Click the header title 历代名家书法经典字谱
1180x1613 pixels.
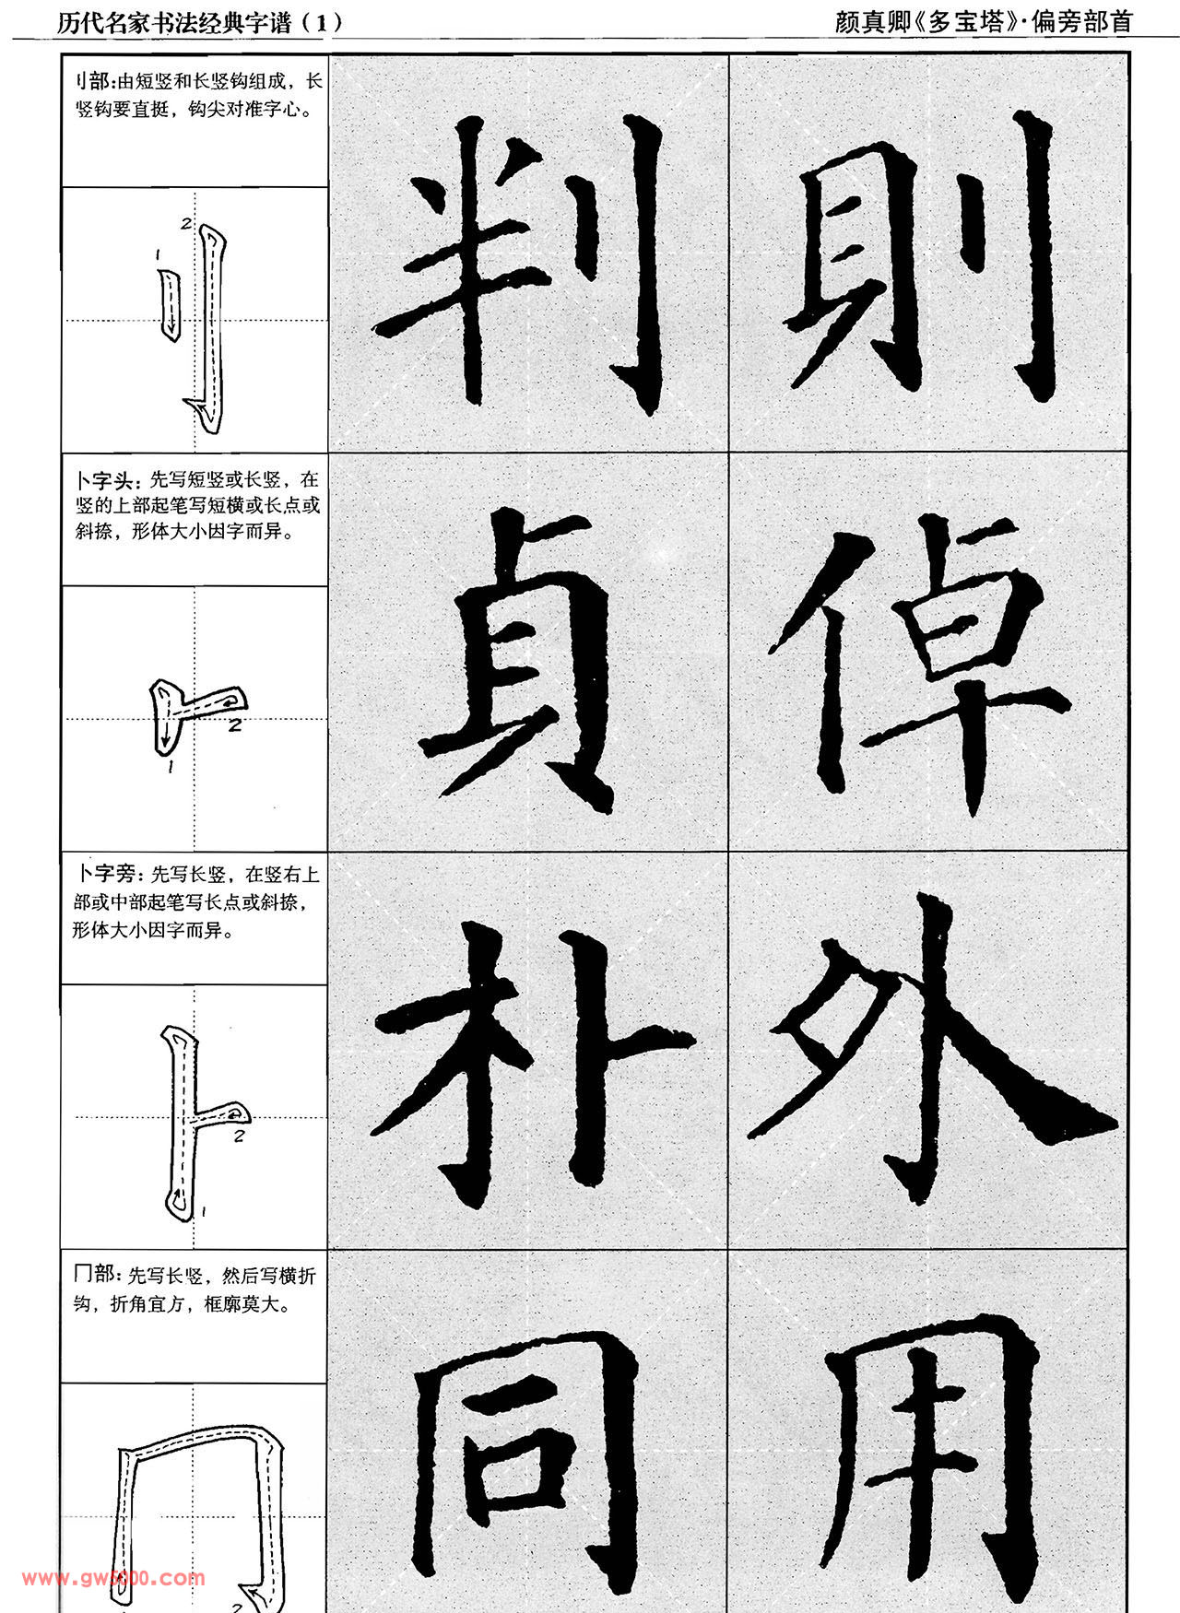tap(174, 22)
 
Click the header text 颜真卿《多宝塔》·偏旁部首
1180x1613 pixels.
tap(984, 22)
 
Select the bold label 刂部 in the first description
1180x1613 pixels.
tap(91, 81)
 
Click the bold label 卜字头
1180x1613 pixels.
tap(106, 479)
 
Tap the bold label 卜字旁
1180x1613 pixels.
tap(106, 874)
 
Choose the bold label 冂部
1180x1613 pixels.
tap(95, 1274)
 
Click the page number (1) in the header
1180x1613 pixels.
tap(322, 22)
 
